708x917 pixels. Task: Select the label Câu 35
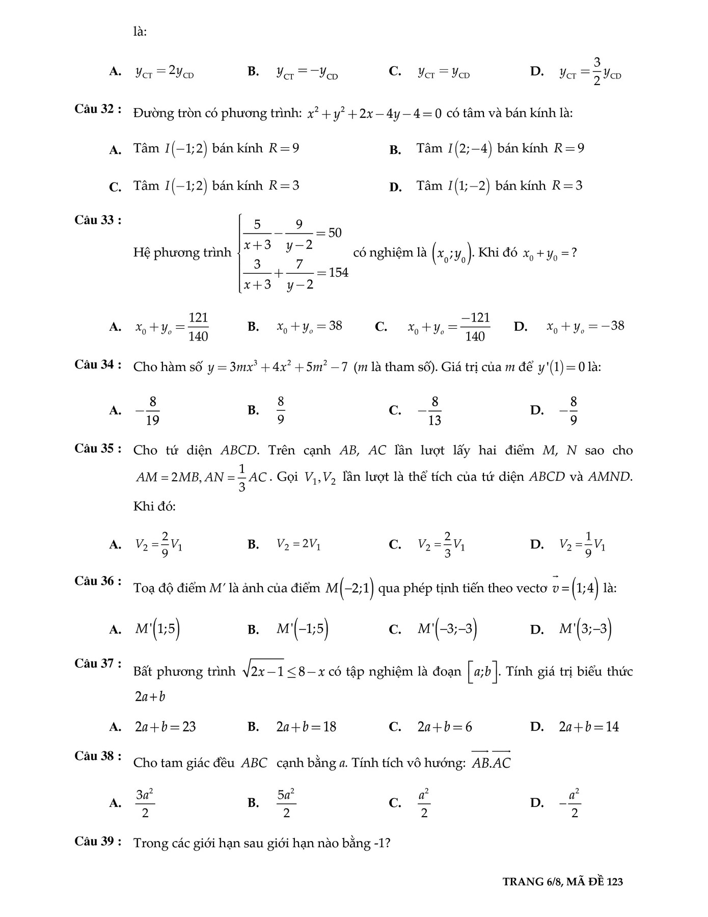tap(98, 449)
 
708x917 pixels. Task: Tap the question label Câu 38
tap(98, 756)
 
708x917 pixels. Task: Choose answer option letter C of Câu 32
tap(115, 187)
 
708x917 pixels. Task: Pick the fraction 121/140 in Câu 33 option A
tap(198, 327)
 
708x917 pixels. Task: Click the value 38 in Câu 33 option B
tap(335, 326)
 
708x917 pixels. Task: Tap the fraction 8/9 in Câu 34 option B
tap(281, 411)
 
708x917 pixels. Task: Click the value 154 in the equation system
tap(338, 273)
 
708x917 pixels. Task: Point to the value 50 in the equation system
tap(335, 233)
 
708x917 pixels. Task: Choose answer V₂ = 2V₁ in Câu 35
tap(298, 544)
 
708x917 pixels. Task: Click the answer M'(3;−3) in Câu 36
tap(585, 629)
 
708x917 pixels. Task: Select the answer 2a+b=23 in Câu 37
tap(165, 727)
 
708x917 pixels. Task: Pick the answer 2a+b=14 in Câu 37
tap(589, 727)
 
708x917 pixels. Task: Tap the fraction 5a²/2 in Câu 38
tap(286, 803)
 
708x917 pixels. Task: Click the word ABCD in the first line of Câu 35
tap(239, 451)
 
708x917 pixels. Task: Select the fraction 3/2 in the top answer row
tap(597, 71)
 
